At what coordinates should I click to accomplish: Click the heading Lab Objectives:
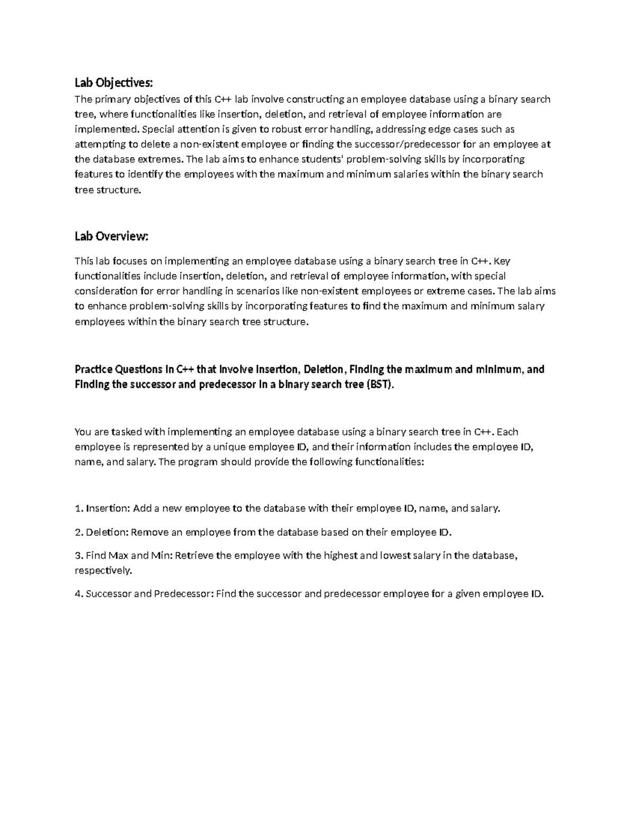113,83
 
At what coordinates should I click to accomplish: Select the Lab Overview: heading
111,237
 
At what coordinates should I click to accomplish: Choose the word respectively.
103,571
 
